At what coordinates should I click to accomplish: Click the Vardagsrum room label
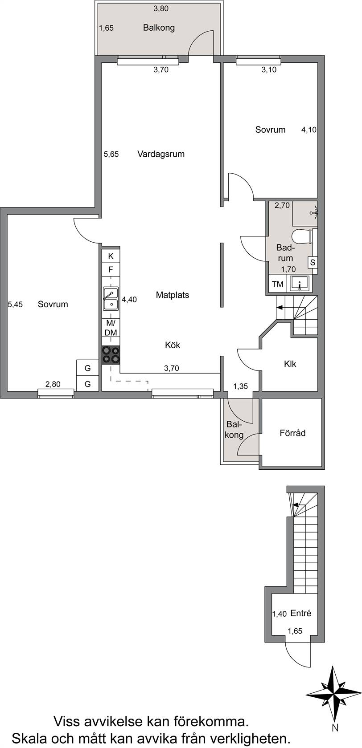click(161, 154)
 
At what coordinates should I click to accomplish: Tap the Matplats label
click(173, 295)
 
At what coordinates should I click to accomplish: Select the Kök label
click(173, 345)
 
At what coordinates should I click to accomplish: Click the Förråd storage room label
click(292, 433)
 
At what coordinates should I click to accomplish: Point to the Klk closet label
click(290, 364)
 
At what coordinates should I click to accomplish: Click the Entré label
click(301, 614)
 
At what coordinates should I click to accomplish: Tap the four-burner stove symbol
click(111, 355)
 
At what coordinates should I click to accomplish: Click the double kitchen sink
click(111, 298)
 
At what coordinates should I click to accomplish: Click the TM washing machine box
click(277, 284)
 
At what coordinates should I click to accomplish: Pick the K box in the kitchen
click(111, 256)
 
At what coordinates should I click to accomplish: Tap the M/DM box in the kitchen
click(111, 328)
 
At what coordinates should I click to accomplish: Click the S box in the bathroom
click(313, 262)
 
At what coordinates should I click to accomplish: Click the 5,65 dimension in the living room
click(111, 154)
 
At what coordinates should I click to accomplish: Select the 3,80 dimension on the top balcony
click(161, 9)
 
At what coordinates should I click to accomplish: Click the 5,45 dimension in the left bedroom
click(15, 304)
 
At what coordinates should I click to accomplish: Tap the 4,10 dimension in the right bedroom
click(309, 130)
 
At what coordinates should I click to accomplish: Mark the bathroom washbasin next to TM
click(300, 284)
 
